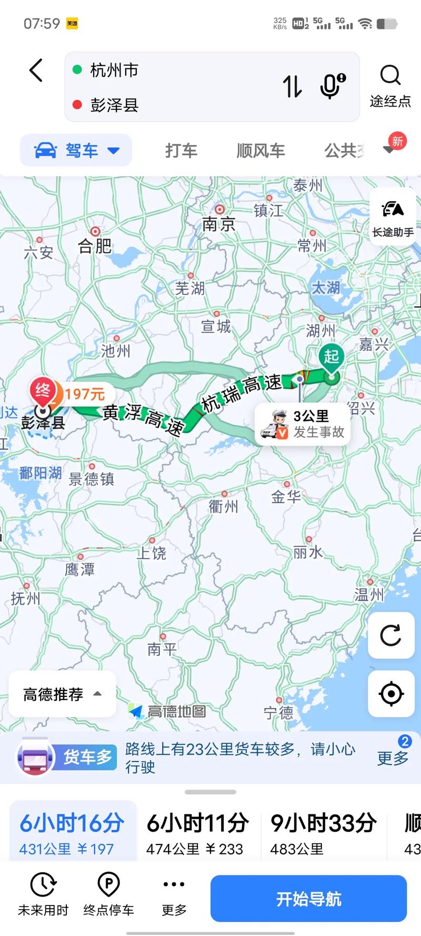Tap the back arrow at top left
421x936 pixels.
(x=36, y=71)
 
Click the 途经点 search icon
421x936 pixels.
(x=390, y=76)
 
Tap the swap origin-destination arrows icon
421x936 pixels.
(x=292, y=86)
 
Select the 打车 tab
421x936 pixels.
(x=181, y=151)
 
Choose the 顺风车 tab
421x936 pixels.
(x=260, y=151)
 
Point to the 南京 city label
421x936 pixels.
(x=218, y=224)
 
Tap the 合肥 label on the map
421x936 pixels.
(x=95, y=245)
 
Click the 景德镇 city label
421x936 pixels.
(x=92, y=479)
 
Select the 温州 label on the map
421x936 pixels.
(x=369, y=594)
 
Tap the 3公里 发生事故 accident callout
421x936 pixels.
(x=303, y=424)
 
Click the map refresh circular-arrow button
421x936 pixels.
(x=391, y=635)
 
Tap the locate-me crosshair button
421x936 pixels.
(x=391, y=693)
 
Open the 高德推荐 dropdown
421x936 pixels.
(x=62, y=694)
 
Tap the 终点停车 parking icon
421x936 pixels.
(x=109, y=895)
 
